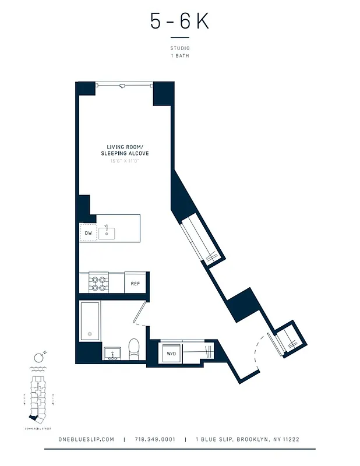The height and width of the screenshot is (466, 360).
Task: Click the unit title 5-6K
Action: pyautogui.click(x=179, y=22)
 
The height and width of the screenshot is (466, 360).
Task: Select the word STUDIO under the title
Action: pyautogui.click(x=179, y=48)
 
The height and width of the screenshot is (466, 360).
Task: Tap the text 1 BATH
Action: pyautogui.click(x=179, y=56)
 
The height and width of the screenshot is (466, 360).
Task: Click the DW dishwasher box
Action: pyautogui.click(x=88, y=233)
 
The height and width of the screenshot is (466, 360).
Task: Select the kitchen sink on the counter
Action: pyautogui.click(x=107, y=233)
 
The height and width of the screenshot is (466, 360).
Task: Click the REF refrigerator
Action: pyautogui.click(x=135, y=284)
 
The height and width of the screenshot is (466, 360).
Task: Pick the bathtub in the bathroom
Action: pyautogui.click(x=90, y=322)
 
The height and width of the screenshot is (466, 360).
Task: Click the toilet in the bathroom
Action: pyautogui.click(x=133, y=348)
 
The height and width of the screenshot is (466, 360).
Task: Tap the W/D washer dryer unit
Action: pyautogui.click(x=171, y=353)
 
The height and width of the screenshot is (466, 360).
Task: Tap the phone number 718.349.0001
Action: pyautogui.click(x=154, y=439)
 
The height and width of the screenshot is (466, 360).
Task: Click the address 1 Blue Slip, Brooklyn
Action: pyautogui.click(x=248, y=439)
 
